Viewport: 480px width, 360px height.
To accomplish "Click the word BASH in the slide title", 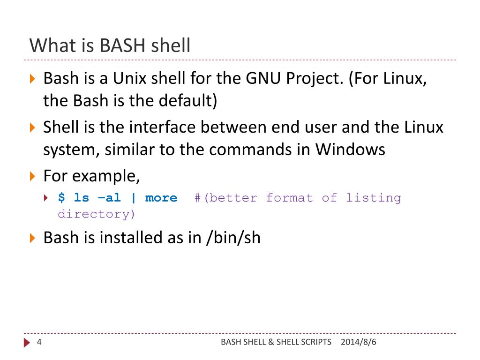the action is [x=123, y=46].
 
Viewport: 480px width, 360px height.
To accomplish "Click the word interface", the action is [x=163, y=127].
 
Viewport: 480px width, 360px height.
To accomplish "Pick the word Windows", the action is [x=350, y=150].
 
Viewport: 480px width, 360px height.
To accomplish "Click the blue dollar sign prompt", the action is [x=61, y=198].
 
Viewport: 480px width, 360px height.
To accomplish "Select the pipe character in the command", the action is [x=134, y=198].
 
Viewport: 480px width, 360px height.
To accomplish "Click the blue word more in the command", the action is [x=161, y=198].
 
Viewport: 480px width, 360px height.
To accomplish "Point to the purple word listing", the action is [x=374, y=198].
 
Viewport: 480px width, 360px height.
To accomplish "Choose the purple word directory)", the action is [x=97, y=214].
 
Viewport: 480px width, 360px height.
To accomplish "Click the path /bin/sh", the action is [x=233, y=238].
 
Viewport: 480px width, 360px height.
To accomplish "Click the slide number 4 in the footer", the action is [x=39, y=342].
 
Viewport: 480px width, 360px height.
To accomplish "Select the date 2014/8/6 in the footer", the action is [x=359, y=342].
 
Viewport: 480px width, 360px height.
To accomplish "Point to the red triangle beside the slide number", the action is [x=27, y=343].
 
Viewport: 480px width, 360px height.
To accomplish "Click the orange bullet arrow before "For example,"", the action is [x=32, y=177].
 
